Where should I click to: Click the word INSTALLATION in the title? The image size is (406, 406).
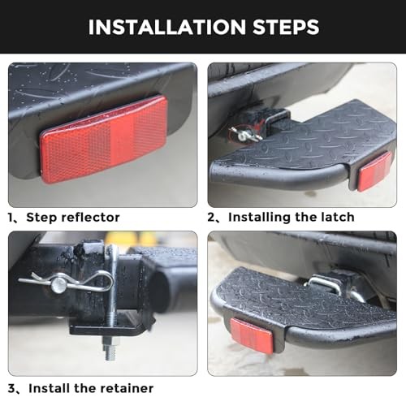[x=167, y=27]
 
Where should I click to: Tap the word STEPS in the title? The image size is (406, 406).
[x=286, y=27]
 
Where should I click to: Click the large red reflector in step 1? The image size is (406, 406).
[x=104, y=140]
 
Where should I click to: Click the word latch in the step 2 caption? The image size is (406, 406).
[x=338, y=217]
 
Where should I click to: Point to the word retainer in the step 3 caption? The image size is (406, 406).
[x=126, y=388]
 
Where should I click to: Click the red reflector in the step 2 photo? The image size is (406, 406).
[x=374, y=171]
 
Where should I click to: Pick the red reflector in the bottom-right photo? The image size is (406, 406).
[x=251, y=335]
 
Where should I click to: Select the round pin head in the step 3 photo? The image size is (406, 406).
[x=59, y=284]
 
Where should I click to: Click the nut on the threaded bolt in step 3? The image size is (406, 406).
[x=111, y=343]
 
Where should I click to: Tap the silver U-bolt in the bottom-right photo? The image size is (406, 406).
[x=325, y=283]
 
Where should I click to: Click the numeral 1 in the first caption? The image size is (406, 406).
[x=11, y=218]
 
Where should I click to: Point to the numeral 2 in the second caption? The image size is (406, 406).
[x=211, y=218]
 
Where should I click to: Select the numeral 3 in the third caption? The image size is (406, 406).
[x=11, y=389]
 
